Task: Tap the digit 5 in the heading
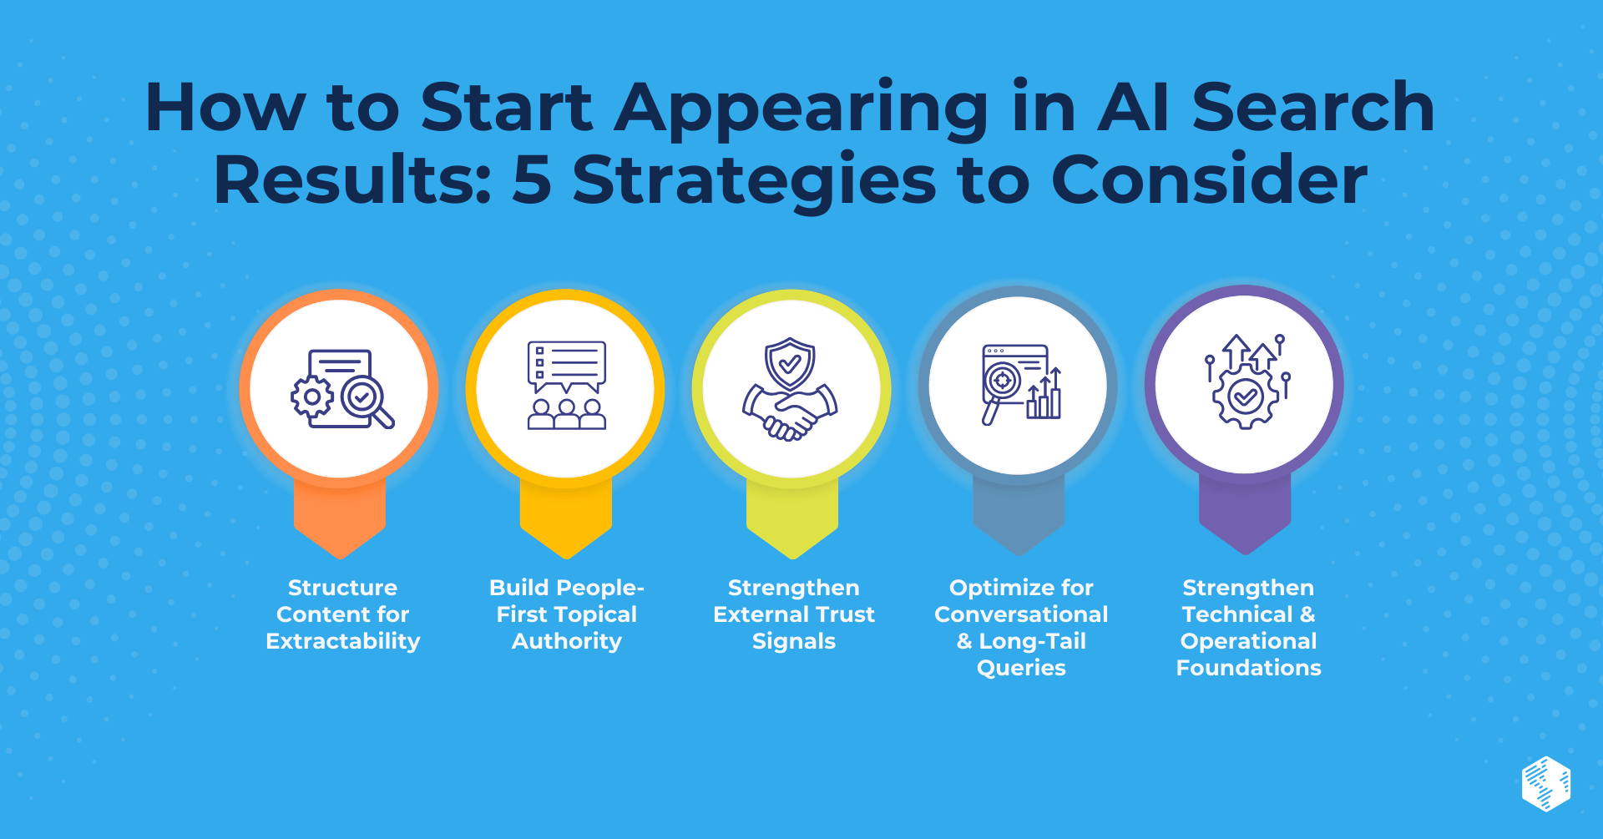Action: click(532, 179)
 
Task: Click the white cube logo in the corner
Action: click(1546, 784)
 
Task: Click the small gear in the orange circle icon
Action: click(311, 397)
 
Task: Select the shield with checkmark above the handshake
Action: click(790, 364)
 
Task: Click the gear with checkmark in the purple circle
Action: click(1246, 397)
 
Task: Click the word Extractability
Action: click(343, 641)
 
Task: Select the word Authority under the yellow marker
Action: click(567, 641)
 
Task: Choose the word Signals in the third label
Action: click(794, 641)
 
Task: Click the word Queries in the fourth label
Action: click(1021, 668)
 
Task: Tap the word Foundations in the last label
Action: click(1249, 668)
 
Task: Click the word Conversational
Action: click(1021, 614)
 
